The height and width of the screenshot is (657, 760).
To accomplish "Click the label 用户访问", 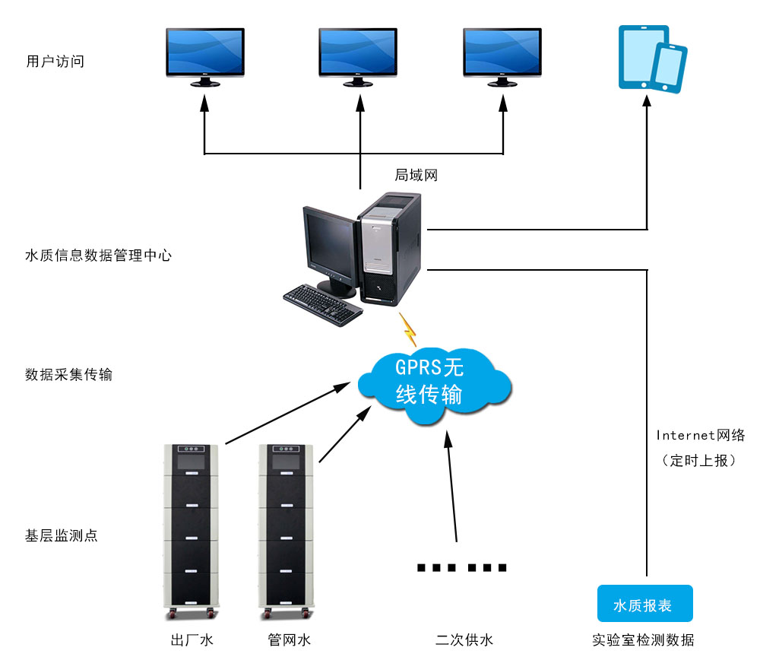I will [55, 62].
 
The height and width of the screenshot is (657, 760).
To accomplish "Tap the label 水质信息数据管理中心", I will [99, 255].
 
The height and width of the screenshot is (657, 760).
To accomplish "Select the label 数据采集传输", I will [68, 375].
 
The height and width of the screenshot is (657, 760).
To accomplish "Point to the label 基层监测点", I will [62, 535].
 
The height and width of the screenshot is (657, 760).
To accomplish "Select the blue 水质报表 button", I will [644, 605].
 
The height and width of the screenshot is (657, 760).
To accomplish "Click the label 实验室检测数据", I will [643, 640].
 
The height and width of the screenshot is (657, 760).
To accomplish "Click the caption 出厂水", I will [192, 640].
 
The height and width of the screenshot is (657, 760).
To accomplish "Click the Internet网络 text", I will [700, 436].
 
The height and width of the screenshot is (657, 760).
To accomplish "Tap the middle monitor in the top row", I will [357, 55].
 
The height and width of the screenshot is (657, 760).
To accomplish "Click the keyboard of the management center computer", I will [323, 303].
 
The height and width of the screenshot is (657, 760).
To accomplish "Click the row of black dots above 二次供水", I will [461, 567].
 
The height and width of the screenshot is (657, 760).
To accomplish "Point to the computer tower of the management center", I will [390, 247].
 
